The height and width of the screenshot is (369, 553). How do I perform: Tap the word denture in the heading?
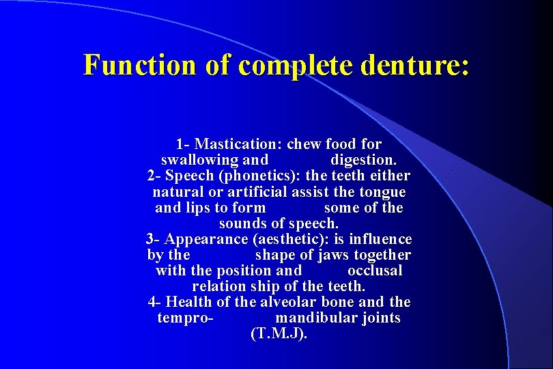pyautogui.click(x=414, y=65)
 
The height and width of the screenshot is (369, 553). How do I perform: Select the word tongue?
pyautogui.click(x=382, y=192)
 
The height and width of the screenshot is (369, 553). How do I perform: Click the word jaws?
pyautogui.click(x=335, y=255)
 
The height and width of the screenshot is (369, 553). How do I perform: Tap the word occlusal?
pyautogui.click(x=375, y=271)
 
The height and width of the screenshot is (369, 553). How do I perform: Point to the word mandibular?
pyautogui.click(x=338, y=318)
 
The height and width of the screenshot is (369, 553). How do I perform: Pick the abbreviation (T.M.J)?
pyautogui.click(x=279, y=334)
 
